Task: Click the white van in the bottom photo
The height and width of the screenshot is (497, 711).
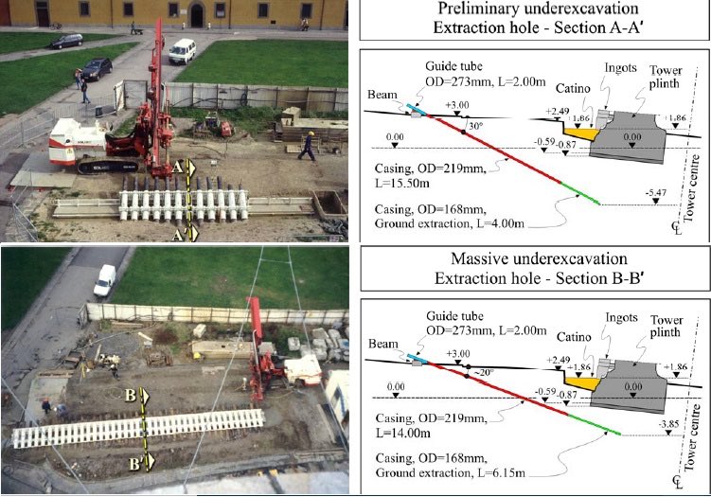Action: (x=105, y=279)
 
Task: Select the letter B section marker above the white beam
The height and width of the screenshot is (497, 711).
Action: (x=134, y=399)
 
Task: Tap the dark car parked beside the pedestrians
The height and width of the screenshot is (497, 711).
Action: (x=96, y=68)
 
